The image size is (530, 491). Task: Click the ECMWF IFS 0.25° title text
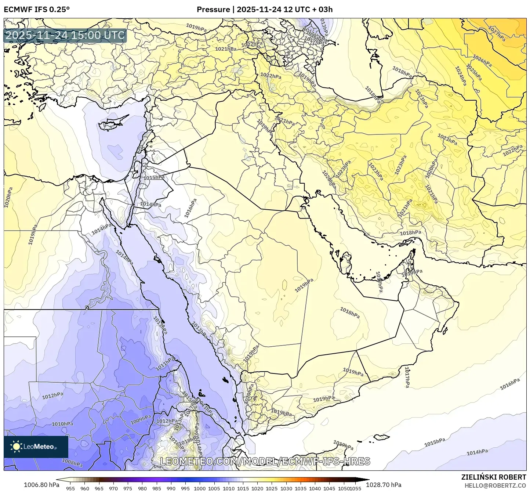click(x=37, y=10)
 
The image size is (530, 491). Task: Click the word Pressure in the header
click(x=213, y=10)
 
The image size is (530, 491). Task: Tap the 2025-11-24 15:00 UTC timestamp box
click(x=65, y=36)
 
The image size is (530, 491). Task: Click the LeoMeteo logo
click(x=36, y=447)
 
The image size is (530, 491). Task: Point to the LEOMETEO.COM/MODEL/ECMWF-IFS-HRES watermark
click(x=265, y=461)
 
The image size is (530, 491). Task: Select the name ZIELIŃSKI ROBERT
click(x=494, y=477)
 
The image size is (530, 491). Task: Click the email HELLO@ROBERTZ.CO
click(x=495, y=485)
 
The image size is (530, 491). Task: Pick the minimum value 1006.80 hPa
click(x=41, y=485)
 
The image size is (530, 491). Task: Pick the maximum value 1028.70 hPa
click(x=389, y=485)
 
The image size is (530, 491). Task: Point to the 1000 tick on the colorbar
click(x=200, y=488)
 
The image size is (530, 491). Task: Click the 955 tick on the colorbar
click(x=70, y=488)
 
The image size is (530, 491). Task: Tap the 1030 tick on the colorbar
click(x=286, y=488)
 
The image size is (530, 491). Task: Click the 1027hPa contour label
click(x=497, y=33)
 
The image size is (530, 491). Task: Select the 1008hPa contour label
click(x=72, y=463)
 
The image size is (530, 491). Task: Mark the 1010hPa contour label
click(x=62, y=424)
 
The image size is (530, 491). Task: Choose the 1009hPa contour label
click(x=141, y=419)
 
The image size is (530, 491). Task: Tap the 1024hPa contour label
click(x=460, y=76)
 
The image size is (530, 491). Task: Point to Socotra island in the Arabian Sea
click(x=382, y=437)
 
